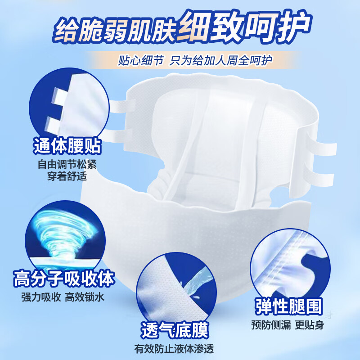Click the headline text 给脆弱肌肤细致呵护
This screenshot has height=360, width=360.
tap(180, 28)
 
